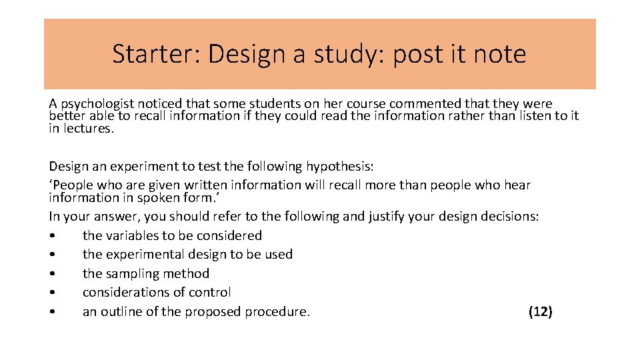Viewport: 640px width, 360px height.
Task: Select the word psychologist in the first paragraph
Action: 97,104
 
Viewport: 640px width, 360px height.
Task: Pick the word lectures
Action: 88,129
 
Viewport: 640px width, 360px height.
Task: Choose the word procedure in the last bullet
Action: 277,311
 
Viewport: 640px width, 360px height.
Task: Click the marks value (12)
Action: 540,311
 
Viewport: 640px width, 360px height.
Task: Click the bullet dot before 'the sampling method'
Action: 52,274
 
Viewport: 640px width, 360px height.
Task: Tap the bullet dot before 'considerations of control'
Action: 52,293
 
